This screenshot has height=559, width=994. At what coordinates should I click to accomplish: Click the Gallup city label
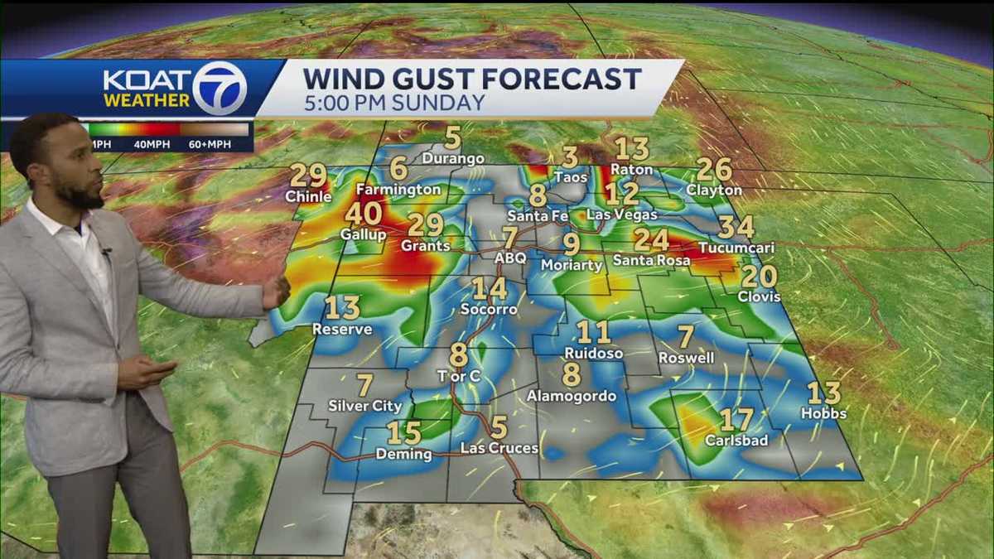(x=363, y=234)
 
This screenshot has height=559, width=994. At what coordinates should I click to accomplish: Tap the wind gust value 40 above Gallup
(x=363, y=214)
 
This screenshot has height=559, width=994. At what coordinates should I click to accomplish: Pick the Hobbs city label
(x=823, y=412)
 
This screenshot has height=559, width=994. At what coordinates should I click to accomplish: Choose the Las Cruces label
(x=499, y=448)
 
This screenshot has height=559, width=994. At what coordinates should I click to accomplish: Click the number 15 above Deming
(x=403, y=433)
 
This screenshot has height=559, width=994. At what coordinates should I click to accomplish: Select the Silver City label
(x=365, y=406)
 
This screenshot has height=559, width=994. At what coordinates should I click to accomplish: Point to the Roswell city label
(x=686, y=358)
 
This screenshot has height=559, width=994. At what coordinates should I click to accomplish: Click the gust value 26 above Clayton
(x=714, y=170)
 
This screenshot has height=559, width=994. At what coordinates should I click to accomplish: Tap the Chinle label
(x=308, y=196)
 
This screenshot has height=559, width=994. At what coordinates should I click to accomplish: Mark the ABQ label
(x=510, y=258)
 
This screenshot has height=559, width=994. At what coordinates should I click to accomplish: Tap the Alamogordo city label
(x=572, y=396)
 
